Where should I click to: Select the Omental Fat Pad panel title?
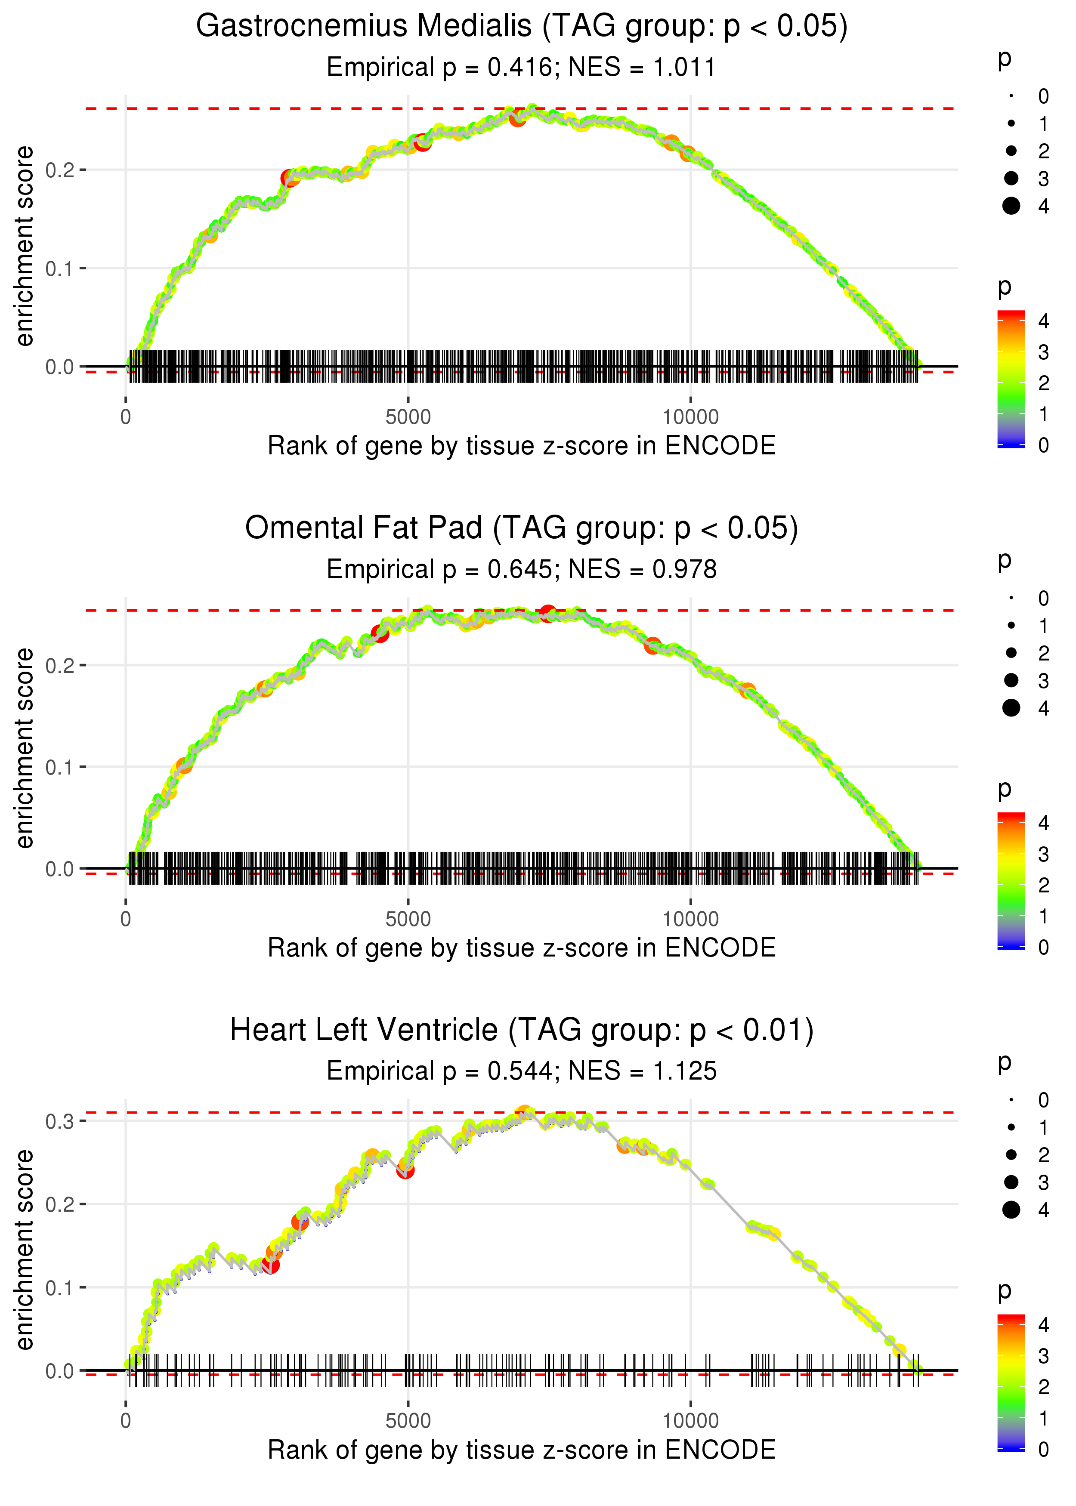click(x=522, y=528)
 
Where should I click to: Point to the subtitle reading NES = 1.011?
click(x=522, y=68)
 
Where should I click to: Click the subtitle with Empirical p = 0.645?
click(x=522, y=570)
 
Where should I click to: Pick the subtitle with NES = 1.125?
click(x=522, y=1071)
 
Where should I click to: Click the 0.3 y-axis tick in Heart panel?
click(x=60, y=1121)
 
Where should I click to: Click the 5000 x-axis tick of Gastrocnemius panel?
click(x=408, y=417)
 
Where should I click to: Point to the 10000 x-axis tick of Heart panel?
click(x=690, y=1421)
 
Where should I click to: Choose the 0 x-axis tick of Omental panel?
click(x=126, y=919)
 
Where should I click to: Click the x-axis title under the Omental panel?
click(x=522, y=948)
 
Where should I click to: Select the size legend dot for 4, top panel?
click(x=1011, y=206)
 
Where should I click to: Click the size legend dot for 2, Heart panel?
click(x=1011, y=1155)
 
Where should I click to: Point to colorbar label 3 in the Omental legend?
click(x=1044, y=854)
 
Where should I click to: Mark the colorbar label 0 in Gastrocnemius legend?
click(x=1044, y=445)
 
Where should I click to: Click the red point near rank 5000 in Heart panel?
click(x=405, y=1171)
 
